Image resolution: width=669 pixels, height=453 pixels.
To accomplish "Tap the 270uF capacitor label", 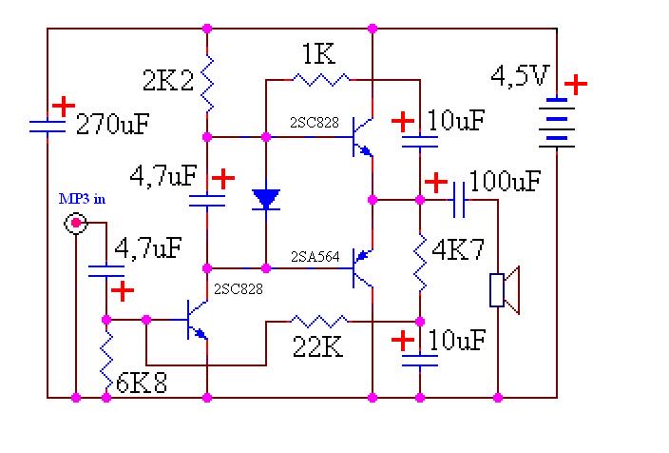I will pos(113,124).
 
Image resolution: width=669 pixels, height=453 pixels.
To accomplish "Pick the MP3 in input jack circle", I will pos(75,224).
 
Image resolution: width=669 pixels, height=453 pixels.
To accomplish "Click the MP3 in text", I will pos(79,199).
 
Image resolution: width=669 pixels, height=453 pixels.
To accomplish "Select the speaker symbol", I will pos(504,289).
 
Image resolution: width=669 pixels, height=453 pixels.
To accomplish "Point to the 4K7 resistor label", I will pos(458,251).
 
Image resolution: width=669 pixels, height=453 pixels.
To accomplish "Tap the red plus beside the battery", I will pos(576,84).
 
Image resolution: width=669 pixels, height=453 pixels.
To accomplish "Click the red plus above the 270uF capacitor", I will pos(63,105).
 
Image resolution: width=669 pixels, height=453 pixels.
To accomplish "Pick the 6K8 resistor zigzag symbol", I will pos(106,358).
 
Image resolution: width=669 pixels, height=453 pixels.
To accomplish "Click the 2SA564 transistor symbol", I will pos(361,266).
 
